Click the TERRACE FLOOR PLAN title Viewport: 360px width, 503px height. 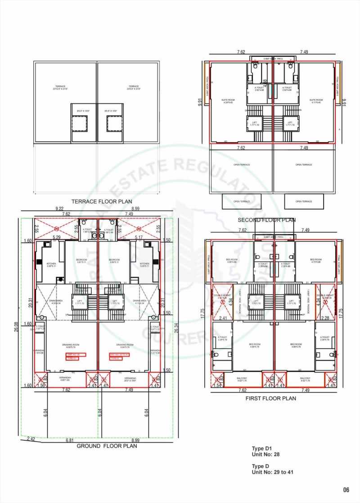coord(102,201)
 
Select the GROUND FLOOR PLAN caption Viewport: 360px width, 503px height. coord(107,446)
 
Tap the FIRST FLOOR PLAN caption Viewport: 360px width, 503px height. coord(270,398)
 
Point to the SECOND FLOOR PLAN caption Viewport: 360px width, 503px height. coord(266,220)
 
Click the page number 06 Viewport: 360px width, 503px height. coord(346,490)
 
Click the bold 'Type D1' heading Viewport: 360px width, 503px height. coord(262,449)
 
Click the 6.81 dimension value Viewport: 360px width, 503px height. coord(69,440)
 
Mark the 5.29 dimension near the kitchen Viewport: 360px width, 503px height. coord(57,237)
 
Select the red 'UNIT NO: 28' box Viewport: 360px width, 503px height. coord(72,355)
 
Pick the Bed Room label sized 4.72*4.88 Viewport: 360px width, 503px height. coord(315,261)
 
